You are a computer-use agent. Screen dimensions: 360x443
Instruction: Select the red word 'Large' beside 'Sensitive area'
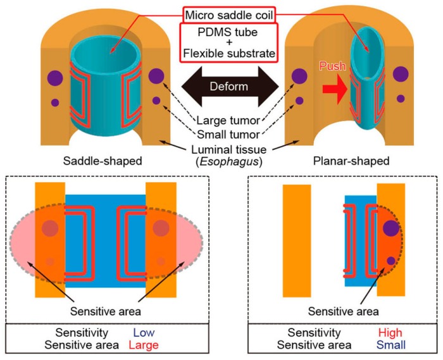[145, 345]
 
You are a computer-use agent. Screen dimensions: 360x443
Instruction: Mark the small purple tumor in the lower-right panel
[390, 261]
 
